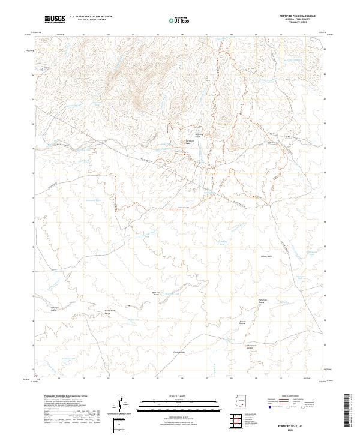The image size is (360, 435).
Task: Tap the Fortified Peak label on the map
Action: [x=187, y=142]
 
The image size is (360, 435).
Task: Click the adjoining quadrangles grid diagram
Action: [x=238, y=421]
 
